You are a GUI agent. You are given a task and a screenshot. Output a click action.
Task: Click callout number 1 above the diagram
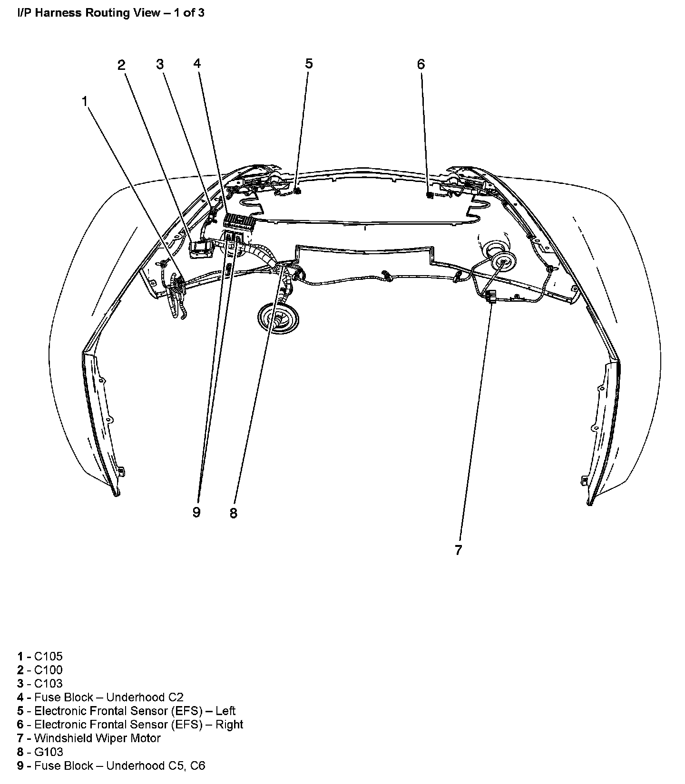click(85, 101)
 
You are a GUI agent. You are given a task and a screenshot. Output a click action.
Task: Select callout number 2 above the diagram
click(122, 65)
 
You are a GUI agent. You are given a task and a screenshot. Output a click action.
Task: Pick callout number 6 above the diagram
click(421, 64)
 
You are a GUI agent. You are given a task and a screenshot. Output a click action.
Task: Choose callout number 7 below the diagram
click(458, 550)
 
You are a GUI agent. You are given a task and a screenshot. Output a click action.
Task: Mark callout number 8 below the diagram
click(233, 513)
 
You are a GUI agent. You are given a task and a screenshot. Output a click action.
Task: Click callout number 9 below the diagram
click(196, 512)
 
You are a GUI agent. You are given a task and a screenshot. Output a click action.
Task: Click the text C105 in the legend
click(48, 656)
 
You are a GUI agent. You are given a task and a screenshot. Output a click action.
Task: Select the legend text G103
click(49, 752)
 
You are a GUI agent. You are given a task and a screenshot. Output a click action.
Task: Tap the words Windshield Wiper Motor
click(98, 738)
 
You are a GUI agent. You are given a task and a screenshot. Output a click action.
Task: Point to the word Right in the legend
click(229, 724)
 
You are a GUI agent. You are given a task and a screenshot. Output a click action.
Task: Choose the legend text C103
click(48, 683)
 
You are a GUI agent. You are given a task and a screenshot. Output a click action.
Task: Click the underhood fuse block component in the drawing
click(239, 220)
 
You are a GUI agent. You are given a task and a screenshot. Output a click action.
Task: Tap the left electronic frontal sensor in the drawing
click(297, 191)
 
